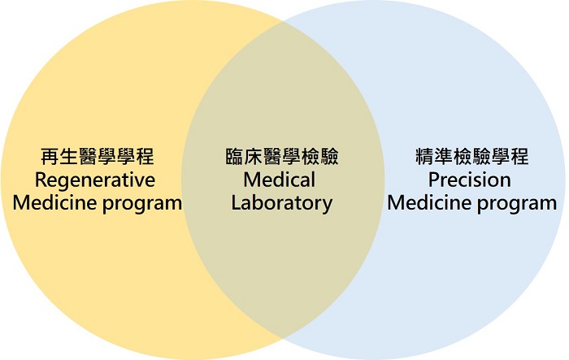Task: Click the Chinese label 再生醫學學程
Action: [x=97, y=156]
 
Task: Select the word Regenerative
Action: [x=97, y=179]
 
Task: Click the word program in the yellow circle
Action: [x=143, y=203]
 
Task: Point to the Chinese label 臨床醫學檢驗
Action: [x=281, y=156]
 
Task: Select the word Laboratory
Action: [x=281, y=202]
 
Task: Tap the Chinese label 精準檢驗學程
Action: [x=471, y=156]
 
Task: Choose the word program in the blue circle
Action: [x=518, y=203]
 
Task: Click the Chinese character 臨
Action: [x=234, y=156]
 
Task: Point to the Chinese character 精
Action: [x=423, y=156]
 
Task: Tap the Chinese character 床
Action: [x=253, y=156]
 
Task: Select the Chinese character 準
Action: [x=442, y=156]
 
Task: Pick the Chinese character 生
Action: [x=68, y=156]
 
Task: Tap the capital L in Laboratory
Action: [x=236, y=202]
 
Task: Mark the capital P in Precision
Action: [x=434, y=179]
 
